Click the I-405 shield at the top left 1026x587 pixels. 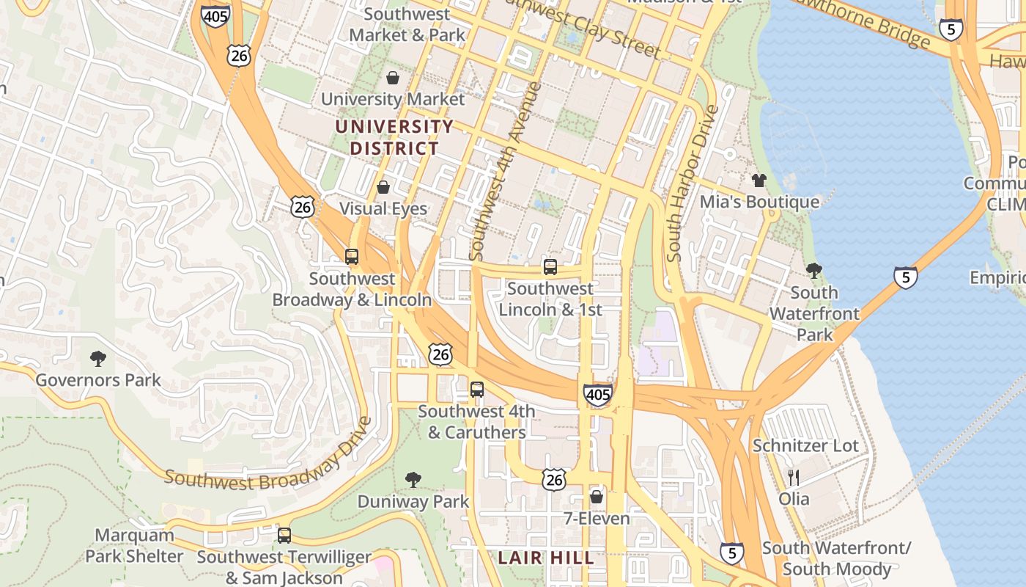click(216, 15)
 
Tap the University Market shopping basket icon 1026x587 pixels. click(393, 78)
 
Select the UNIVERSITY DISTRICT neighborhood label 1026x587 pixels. click(394, 137)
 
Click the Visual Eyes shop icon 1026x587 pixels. click(383, 187)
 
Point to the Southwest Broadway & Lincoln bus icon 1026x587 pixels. click(352, 257)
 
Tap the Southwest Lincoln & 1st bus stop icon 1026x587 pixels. click(550, 267)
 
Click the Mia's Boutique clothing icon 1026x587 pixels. click(759, 180)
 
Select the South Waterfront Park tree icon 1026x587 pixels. click(813, 271)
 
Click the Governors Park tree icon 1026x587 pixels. click(98, 359)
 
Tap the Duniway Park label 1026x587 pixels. click(413, 502)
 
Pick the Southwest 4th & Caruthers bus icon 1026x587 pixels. click(477, 390)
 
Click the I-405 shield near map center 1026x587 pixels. click(598, 395)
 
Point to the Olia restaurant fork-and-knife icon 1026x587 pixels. click(794, 478)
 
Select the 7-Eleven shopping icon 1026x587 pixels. click(597, 497)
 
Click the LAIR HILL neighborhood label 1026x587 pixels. click(546, 558)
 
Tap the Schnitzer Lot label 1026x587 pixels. click(805, 445)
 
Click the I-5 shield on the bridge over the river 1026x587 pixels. click(906, 278)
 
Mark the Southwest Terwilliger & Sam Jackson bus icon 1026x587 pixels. click(284, 536)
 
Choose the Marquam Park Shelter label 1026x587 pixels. click(135, 545)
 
